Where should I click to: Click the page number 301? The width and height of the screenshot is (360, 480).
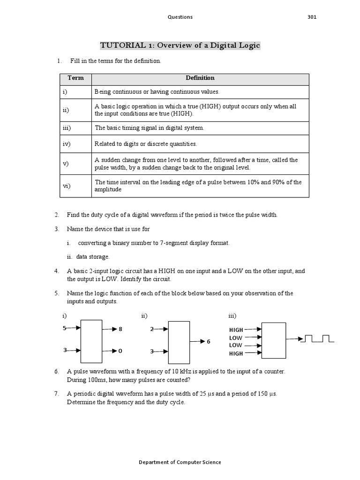tap(312, 17)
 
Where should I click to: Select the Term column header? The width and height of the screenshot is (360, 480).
tap(75, 78)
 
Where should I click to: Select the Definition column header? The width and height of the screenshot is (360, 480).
tap(200, 78)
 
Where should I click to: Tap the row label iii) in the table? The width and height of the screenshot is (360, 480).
tap(67, 127)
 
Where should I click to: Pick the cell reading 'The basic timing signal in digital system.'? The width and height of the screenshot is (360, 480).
tap(150, 127)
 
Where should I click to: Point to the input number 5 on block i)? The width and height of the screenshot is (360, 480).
tap(65, 329)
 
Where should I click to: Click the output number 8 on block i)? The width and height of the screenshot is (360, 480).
tap(120, 330)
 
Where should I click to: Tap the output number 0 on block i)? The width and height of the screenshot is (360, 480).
tap(120, 351)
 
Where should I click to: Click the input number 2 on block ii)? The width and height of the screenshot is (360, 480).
tap(151, 329)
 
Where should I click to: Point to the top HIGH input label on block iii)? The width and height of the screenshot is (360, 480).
tap(236, 330)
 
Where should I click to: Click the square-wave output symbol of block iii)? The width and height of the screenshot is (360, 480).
tap(318, 338)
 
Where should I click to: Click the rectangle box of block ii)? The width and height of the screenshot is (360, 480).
tap(179, 342)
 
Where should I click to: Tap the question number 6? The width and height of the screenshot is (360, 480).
tap(56, 371)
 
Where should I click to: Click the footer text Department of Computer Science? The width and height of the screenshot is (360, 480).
tap(180, 462)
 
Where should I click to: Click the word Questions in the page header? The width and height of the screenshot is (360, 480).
tap(180, 17)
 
